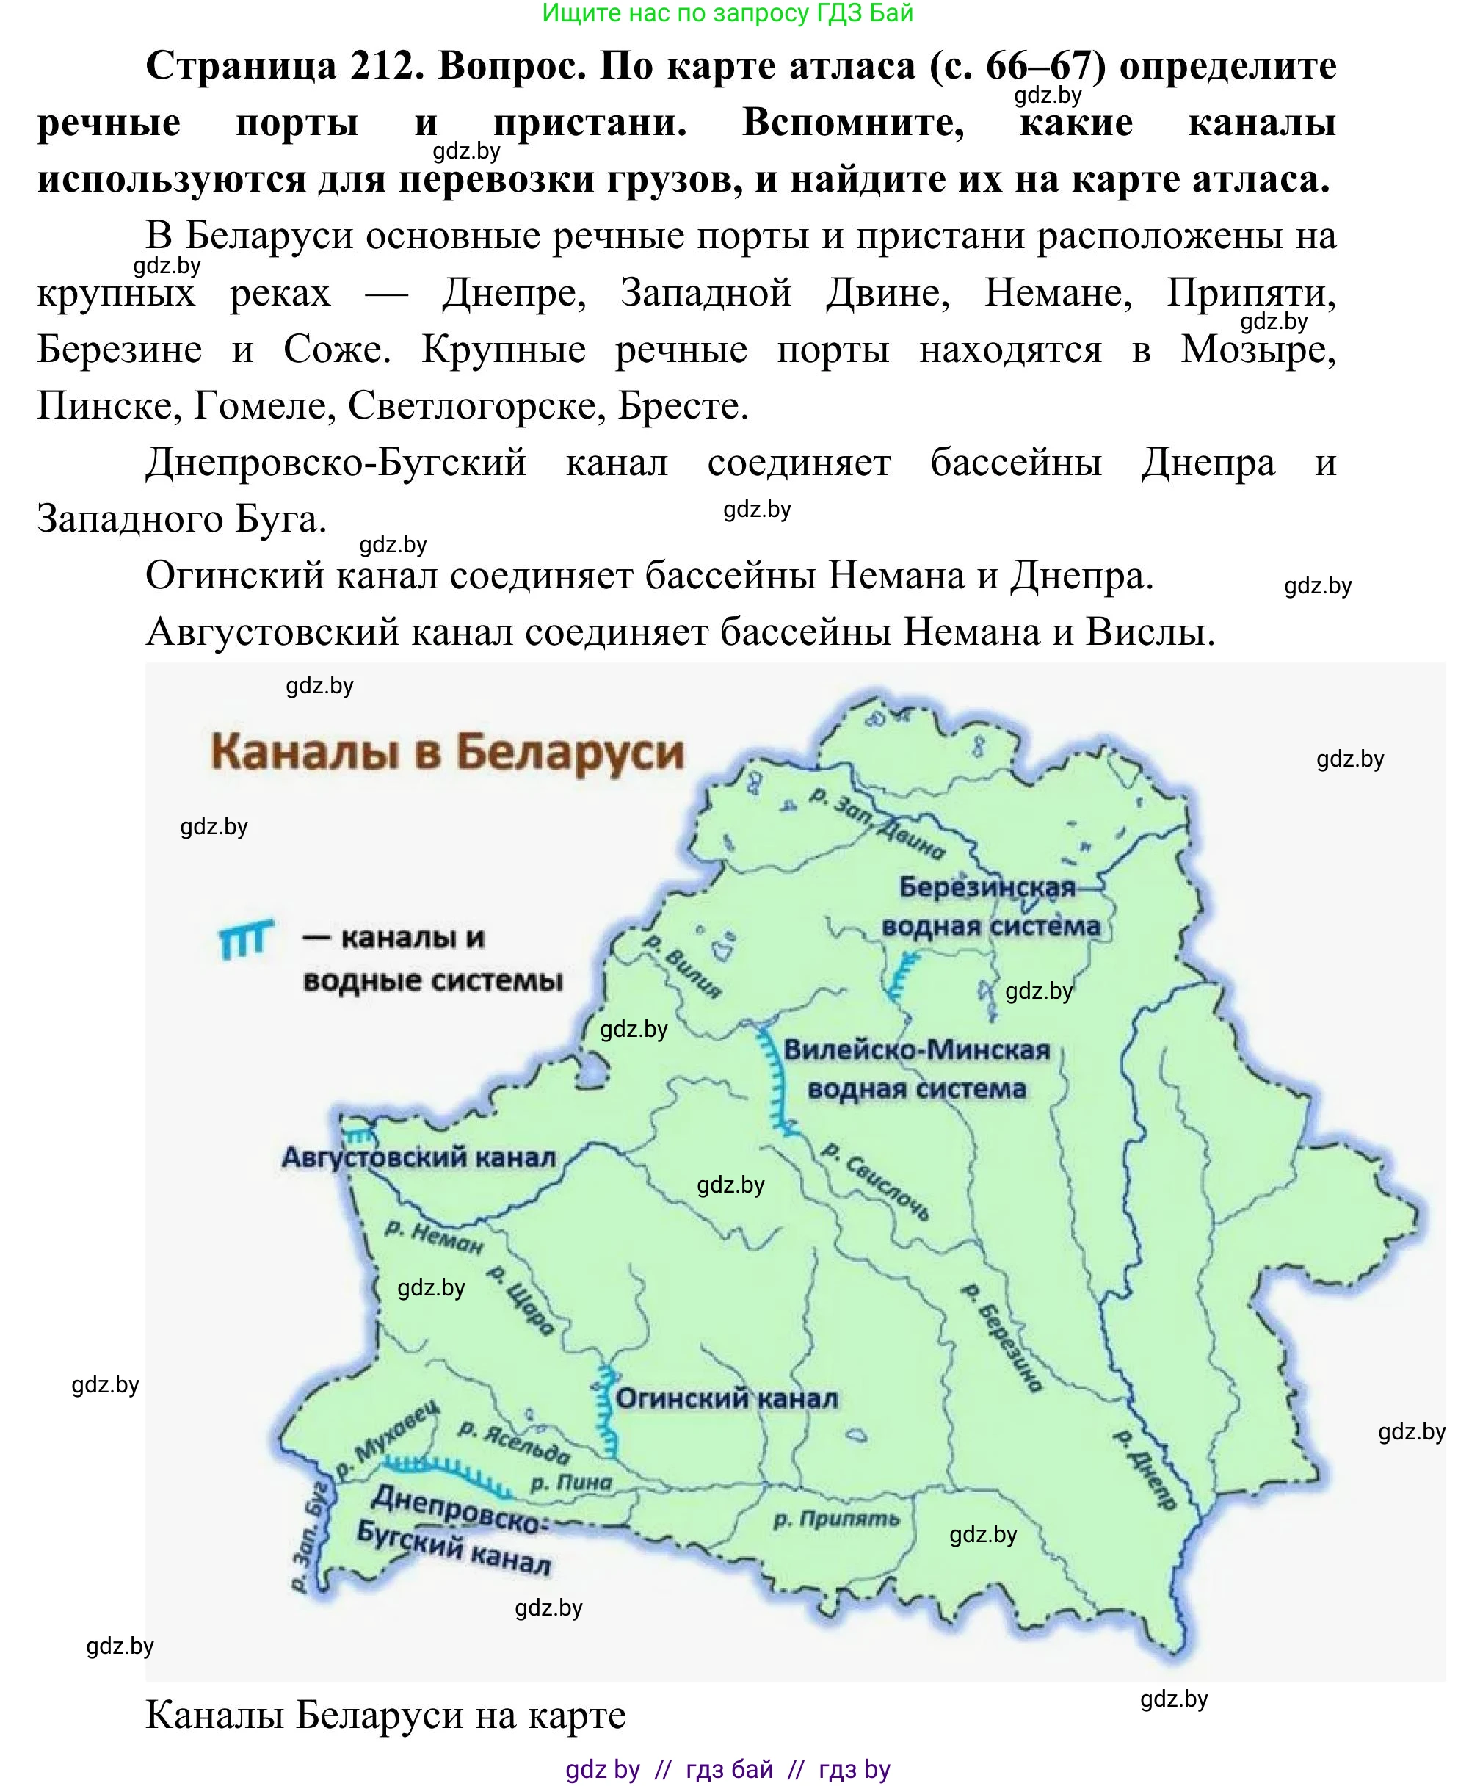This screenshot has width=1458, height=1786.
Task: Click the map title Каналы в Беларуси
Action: tap(447, 752)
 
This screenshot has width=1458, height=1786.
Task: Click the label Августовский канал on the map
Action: tap(418, 1158)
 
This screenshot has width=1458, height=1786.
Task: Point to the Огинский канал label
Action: tap(727, 1399)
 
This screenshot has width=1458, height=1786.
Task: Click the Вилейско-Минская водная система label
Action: tap(916, 1069)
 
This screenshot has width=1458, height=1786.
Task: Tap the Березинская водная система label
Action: tap(990, 906)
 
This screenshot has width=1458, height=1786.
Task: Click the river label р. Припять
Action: tap(835, 1519)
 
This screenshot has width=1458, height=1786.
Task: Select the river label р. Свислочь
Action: tap(876, 1180)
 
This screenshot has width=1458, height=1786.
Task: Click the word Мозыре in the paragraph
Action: tap(1258, 350)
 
